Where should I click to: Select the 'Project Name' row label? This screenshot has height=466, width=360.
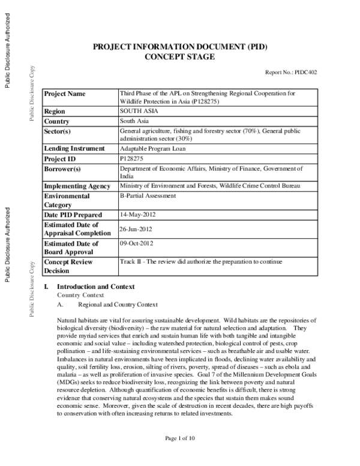click(x=65, y=94)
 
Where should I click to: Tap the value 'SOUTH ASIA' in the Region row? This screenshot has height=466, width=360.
click(x=138, y=112)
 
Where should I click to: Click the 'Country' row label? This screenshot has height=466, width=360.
click(x=58, y=122)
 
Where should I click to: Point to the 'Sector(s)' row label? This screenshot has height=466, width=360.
click(x=60, y=132)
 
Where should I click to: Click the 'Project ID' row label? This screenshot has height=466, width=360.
click(x=61, y=159)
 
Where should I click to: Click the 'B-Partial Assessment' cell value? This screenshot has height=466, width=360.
click(x=148, y=196)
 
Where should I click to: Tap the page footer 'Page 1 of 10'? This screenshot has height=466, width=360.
click(x=180, y=455)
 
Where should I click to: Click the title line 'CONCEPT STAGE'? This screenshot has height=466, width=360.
click(x=180, y=56)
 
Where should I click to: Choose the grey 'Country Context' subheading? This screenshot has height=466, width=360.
click(x=80, y=295)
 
